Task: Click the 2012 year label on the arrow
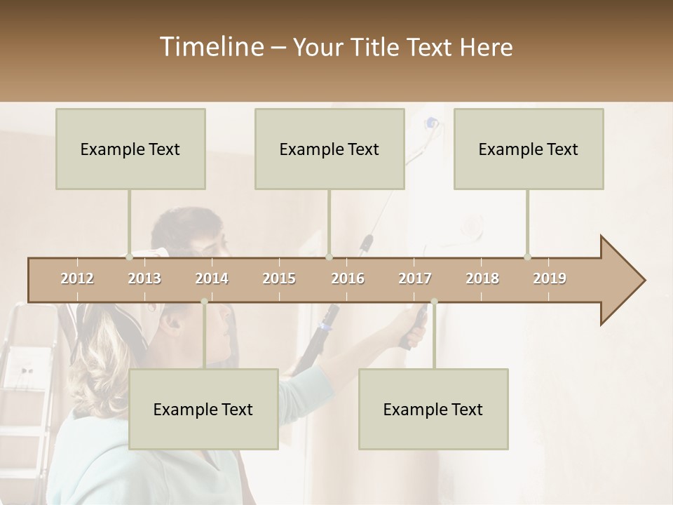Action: pyautogui.click(x=77, y=278)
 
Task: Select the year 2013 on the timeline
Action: pyautogui.click(x=144, y=278)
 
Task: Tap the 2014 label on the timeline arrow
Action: pyautogui.click(x=212, y=278)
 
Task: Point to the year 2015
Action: pyautogui.click(x=279, y=278)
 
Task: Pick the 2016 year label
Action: pyautogui.click(x=348, y=278)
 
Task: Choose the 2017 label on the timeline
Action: pyautogui.click(x=415, y=278)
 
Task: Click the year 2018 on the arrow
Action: pyautogui.click(x=482, y=278)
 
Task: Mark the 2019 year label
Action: pyautogui.click(x=550, y=278)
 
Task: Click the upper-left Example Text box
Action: pyautogui.click(x=130, y=149)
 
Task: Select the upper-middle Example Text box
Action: pyautogui.click(x=329, y=149)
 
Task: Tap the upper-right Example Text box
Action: pyautogui.click(x=529, y=149)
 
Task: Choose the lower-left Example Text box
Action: pyautogui.click(x=203, y=409)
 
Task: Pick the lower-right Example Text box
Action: pyautogui.click(x=433, y=409)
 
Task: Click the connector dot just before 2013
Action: pyautogui.click(x=130, y=257)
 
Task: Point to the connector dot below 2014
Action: pyautogui.click(x=204, y=302)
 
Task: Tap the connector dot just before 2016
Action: pyautogui.click(x=329, y=257)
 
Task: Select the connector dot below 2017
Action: pyautogui.click(x=434, y=302)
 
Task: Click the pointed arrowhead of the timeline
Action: pyautogui.click(x=624, y=281)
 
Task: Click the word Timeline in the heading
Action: pyautogui.click(x=211, y=47)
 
